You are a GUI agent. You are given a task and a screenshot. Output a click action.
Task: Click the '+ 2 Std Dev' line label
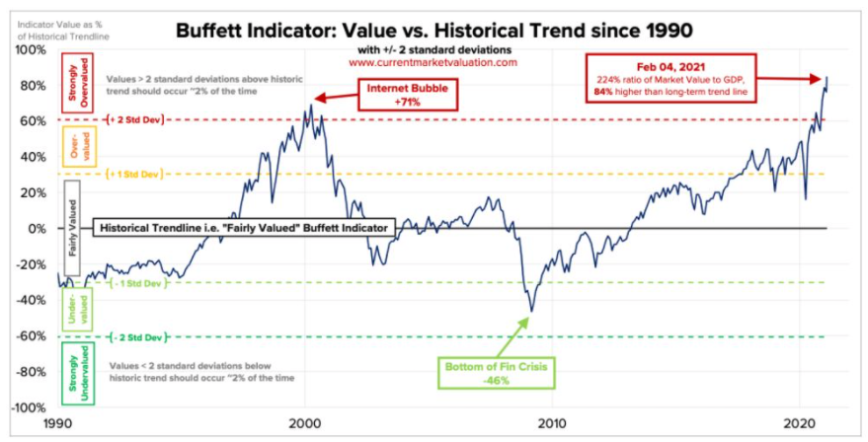(x=134, y=120)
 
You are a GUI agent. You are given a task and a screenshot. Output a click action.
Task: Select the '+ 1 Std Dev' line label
(x=134, y=175)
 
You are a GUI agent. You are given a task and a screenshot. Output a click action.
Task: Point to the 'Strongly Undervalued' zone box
(x=80, y=373)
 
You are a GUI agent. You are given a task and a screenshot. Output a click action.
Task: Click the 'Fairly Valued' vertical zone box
(x=73, y=228)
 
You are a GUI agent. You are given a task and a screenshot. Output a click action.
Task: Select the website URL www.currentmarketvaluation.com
(x=433, y=62)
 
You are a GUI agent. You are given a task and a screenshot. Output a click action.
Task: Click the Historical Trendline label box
(x=243, y=228)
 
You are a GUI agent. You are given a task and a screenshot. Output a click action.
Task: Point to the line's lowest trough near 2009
(x=531, y=312)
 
